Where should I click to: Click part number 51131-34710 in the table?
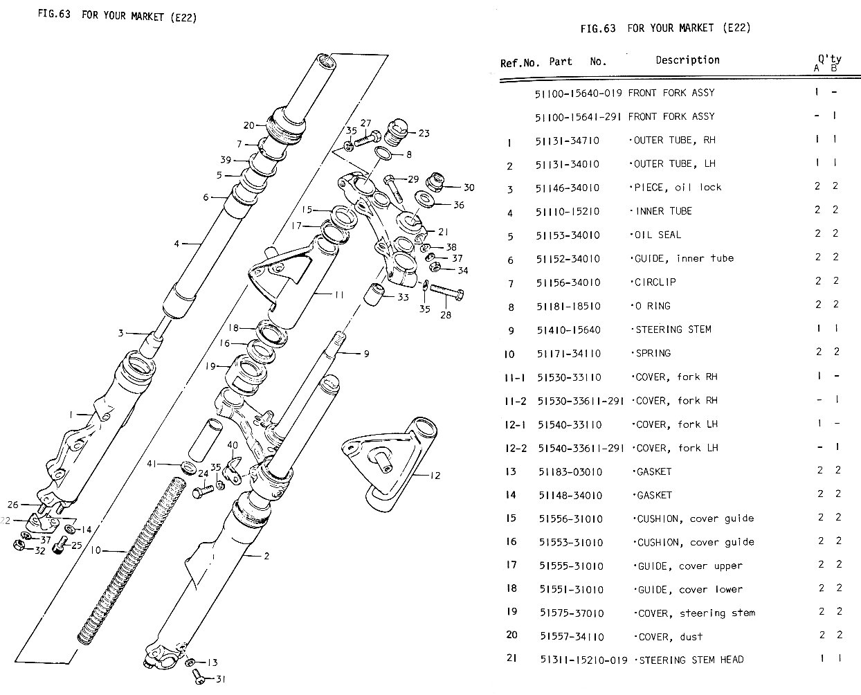click(568, 141)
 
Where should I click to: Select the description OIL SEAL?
click(657, 235)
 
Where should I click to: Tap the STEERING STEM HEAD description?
click(689, 660)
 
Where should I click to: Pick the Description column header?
click(687, 60)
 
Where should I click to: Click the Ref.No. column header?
click(519, 63)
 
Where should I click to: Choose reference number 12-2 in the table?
click(516, 448)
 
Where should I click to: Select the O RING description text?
click(652, 305)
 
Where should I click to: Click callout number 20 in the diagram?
click(249, 125)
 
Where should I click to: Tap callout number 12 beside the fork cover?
click(435, 476)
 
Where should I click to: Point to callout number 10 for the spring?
click(96, 550)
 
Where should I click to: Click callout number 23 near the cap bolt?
click(424, 133)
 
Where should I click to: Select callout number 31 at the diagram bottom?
click(220, 678)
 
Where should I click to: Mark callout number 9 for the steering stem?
click(366, 354)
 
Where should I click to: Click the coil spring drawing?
click(132, 554)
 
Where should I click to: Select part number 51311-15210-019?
click(583, 660)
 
